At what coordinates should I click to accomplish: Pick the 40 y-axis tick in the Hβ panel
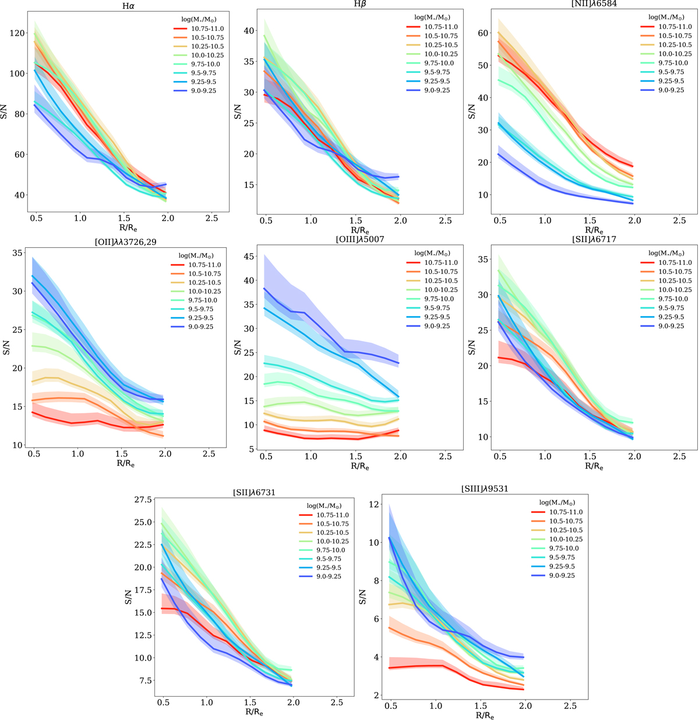point(250,30)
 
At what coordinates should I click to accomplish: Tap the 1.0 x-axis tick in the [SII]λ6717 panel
point(545,457)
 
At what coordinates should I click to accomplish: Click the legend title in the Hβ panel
point(428,17)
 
